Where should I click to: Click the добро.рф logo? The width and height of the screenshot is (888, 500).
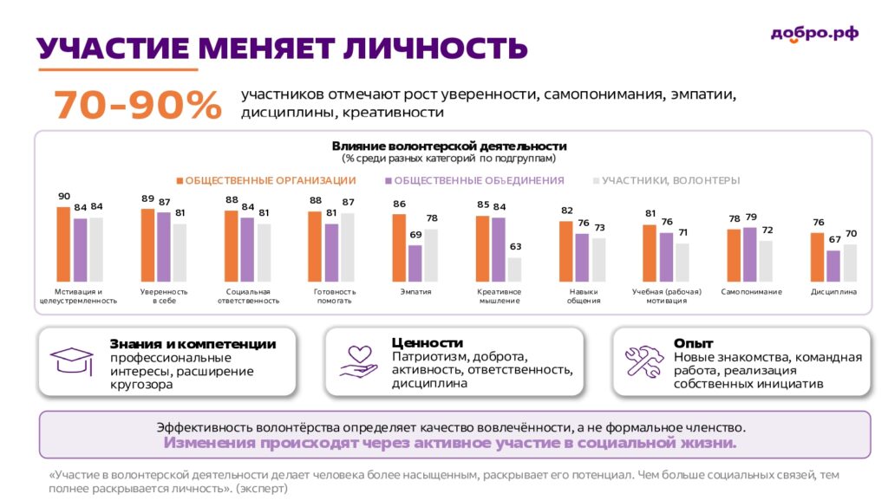click(x=814, y=35)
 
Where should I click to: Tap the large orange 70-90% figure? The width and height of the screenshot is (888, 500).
click(x=138, y=105)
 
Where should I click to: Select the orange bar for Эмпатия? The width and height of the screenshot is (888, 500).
click(x=399, y=248)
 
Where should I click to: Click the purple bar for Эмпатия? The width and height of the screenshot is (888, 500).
click(x=415, y=263)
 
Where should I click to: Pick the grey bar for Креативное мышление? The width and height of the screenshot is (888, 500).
click(x=515, y=269)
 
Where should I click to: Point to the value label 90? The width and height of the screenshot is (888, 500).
click(x=64, y=196)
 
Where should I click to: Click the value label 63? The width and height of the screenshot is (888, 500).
click(x=515, y=247)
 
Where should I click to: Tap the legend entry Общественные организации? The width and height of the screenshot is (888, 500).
click(x=266, y=180)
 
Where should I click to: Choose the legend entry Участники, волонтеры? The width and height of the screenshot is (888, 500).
click(x=667, y=180)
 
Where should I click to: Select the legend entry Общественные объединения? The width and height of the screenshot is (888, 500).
click(x=474, y=180)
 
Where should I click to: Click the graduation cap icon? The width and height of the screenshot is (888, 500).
click(x=72, y=360)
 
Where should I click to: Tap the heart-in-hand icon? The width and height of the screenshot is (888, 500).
click(x=358, y=361)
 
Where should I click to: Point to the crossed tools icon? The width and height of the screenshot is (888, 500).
click(x=644, y=361)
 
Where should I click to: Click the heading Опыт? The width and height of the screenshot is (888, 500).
click(x=693, y=343)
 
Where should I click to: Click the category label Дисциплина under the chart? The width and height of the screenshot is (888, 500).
click(x=833, y=292)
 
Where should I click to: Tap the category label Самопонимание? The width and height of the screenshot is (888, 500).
click(x=752, y=292)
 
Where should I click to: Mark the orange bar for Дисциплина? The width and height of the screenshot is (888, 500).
click(x=817, y=257)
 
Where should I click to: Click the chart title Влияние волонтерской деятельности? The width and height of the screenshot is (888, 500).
click(x=449, y=146)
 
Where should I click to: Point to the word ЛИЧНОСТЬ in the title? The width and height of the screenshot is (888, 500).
click(x=435, y=48)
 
